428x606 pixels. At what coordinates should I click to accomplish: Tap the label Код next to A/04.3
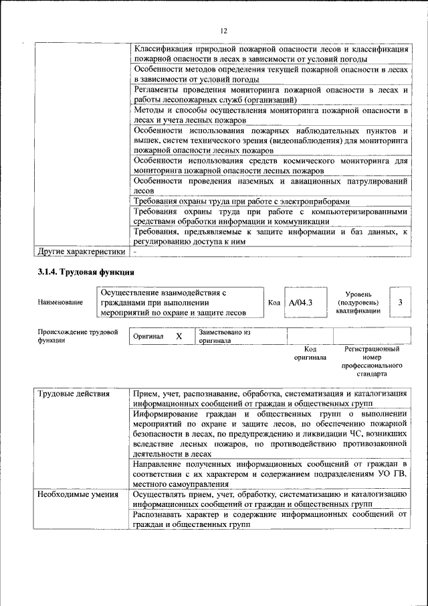pyautogui.click(x=274, y=303)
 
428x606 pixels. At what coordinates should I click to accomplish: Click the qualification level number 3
pyautogui.click(x=400, y=303)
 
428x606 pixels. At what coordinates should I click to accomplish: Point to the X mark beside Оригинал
pyautogui.click(x=179, y=336)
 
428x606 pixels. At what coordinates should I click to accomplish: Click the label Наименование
pyautogui.click(x=61, y=303)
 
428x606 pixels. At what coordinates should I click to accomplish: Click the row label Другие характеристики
pyautogui.click(x=82, y=252)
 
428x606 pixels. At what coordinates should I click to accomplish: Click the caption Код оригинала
pyautogui.click(x=310, y=353)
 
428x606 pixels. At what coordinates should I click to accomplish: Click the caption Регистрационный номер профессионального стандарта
pyautogui.click(x=371, y=362)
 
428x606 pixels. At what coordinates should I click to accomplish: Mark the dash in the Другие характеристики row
pyautogui.click(x=135, y=252)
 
